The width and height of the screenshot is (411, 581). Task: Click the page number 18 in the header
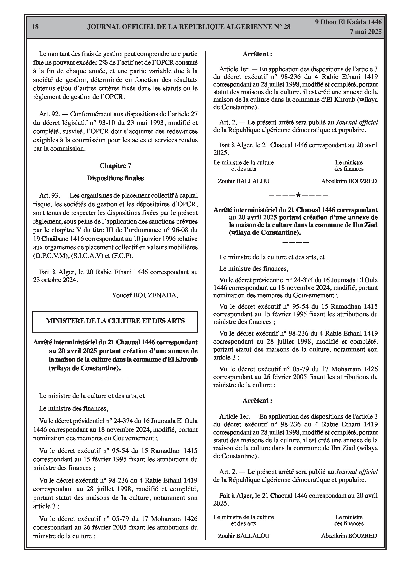(x=35, y=27)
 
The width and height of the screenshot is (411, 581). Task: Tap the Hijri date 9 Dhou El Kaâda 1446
(x=348, y=22)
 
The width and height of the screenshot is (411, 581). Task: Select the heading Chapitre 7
(x=115, y=166)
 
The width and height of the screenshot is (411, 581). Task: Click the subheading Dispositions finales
(x=115, y=178)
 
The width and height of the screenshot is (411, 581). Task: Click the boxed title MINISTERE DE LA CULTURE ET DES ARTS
(x=115, y=321)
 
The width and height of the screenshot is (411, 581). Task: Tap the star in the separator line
(x=298, y=195)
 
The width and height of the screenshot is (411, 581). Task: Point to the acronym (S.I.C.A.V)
(x=87, y=256)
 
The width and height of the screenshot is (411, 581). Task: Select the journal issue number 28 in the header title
(x=287, y=27)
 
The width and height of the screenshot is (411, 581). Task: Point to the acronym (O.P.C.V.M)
(x=50, y=256)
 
